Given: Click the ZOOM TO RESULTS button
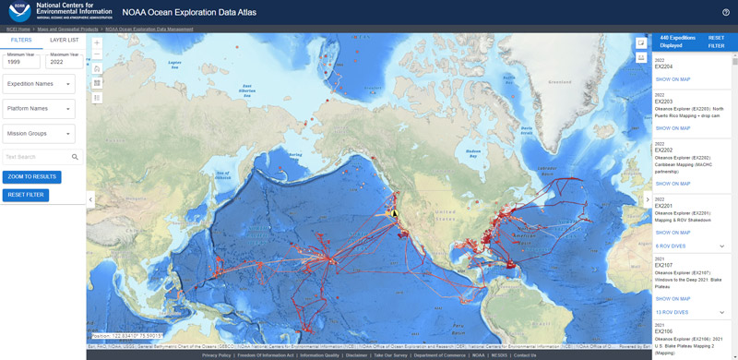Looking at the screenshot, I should click(32, 176).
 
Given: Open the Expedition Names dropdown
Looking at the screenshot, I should click(39, 84).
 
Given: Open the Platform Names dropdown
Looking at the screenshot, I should click(39, 109).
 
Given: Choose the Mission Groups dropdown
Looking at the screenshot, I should click(39, 134).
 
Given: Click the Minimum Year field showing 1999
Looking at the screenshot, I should click(20, 62).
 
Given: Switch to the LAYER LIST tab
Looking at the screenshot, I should click(64, 41).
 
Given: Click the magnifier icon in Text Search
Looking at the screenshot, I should click(76, 157).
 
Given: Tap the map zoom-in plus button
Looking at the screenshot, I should click(97, 42).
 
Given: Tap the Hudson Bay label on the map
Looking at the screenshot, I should click(473, 150).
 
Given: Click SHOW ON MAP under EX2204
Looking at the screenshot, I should click(673, 79).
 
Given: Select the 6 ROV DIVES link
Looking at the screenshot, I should click(671, 246).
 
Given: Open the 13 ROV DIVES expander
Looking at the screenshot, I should click(722, 313).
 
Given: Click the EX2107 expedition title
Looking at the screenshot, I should click(664, 265).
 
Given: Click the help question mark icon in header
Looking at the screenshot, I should click(726, 12).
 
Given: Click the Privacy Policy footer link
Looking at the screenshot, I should click(217, 355).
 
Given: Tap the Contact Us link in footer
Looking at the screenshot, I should click(525, 355).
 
